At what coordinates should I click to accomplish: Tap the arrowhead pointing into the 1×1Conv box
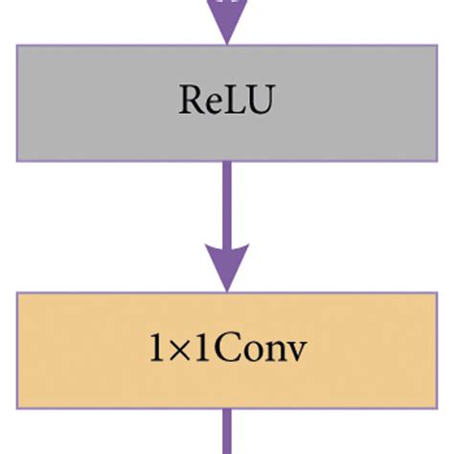coord(226,268)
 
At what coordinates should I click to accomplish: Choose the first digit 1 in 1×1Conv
coord(155,351)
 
